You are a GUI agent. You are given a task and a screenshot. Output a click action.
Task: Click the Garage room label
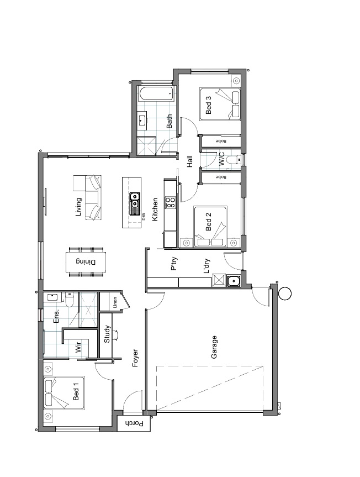[214, 347]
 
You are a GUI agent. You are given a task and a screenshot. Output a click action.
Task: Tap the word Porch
[134, 423]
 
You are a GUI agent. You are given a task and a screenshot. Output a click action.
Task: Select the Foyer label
[135, 358]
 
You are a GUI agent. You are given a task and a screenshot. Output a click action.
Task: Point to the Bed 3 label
[208, 105]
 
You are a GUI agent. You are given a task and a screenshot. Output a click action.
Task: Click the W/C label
[222, 159]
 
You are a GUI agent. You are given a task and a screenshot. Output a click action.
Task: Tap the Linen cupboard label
[115, 302]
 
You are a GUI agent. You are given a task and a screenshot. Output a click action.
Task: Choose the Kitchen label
[155, 209]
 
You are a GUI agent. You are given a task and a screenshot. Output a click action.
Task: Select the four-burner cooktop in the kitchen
[170, 203]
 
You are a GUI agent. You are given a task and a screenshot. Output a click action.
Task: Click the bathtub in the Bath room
[156, 93]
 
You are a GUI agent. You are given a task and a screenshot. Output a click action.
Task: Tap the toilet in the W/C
[235, 159]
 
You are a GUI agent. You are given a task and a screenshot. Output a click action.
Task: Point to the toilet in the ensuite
[69, 300]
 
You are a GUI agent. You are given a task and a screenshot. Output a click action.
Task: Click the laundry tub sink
[234, 280]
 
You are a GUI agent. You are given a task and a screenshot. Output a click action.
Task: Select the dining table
[87, 261]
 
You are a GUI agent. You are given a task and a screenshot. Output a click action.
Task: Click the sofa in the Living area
[93, 197]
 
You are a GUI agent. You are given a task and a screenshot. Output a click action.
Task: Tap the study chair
[116, 335]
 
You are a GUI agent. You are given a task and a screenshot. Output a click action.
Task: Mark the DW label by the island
[144, 217]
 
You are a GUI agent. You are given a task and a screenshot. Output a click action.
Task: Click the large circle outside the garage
[285, 293]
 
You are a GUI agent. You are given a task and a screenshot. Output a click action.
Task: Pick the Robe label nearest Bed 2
[221, 177]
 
